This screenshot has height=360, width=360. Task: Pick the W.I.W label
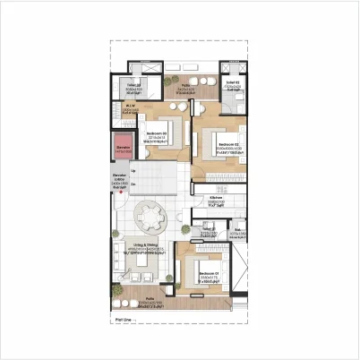pos(129,105)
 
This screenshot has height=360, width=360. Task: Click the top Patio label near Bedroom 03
pos(184,87)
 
